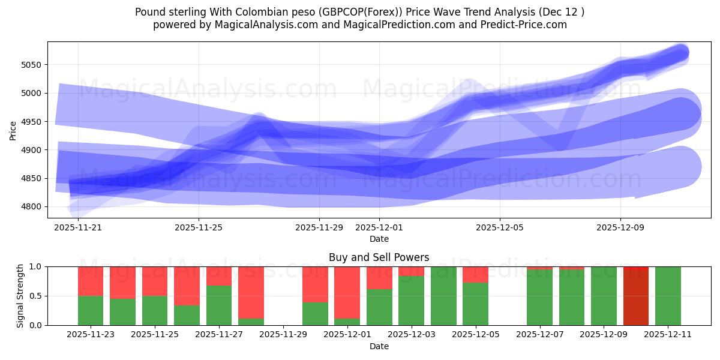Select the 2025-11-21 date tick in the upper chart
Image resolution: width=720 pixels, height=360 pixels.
[78, 228]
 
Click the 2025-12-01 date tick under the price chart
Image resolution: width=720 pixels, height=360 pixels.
[379, 228]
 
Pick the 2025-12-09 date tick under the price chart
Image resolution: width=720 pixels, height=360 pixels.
[620, 228]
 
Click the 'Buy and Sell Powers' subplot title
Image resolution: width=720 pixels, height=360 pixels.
[379, 257]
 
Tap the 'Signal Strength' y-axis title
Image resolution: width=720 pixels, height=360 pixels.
[20, 296]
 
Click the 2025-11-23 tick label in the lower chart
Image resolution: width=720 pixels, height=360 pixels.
[91, 335]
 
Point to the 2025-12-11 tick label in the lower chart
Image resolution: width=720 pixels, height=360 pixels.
[668, 335]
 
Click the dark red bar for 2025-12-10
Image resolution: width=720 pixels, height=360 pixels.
[636, 296]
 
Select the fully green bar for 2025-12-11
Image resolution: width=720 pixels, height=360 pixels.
[668, 296]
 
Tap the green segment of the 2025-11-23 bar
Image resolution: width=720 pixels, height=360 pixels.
[91, 310]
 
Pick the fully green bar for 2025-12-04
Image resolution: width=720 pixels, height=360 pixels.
[443, 296]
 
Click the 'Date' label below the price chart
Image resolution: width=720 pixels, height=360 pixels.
[379, 239]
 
